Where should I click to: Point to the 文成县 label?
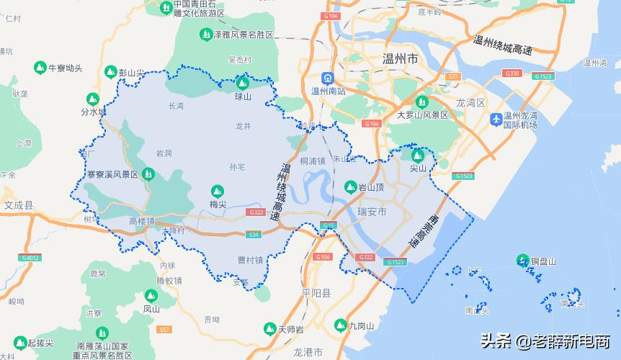19,205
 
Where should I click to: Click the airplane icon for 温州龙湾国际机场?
496,119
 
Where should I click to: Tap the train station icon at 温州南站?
328,78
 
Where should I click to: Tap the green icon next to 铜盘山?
523,261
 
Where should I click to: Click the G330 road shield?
512,73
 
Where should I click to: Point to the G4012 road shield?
30,257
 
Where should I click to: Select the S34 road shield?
253,235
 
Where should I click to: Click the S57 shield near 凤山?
165,329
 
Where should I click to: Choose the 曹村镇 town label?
250,260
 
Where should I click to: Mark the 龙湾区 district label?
472,103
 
